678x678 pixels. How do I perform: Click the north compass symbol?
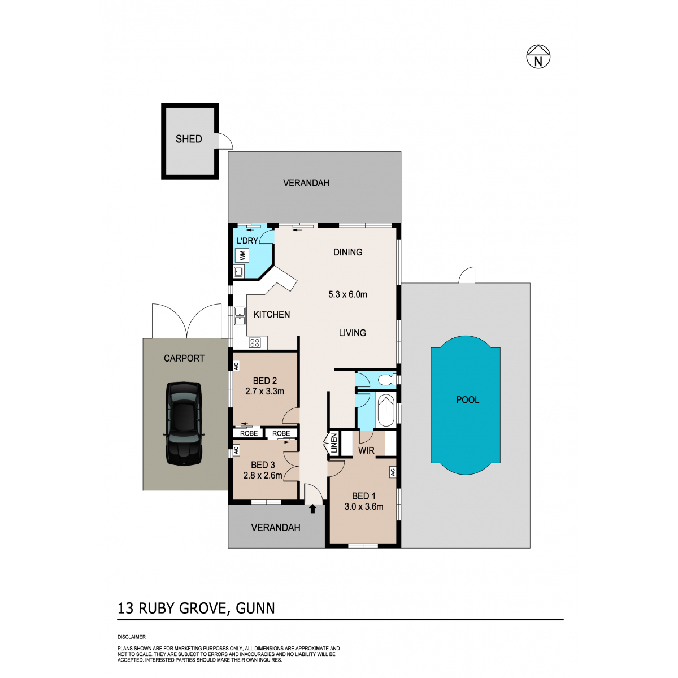[538, 56]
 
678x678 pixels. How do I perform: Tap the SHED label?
[189, 139]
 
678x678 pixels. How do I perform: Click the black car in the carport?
[184, 424]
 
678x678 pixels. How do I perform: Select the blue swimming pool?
[466, 405]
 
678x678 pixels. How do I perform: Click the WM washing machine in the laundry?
[242, 255]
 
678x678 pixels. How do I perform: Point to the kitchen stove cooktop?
[254, 343]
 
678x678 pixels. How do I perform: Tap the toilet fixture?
[386, 380]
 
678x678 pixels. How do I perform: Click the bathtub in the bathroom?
[386, 411]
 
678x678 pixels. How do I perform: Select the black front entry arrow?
[312, 509]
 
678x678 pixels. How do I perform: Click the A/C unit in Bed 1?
[393, 472]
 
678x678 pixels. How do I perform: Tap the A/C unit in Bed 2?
[236, 366]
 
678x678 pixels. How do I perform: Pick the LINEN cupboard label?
[334, 444]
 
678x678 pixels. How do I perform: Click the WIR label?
[366, 450]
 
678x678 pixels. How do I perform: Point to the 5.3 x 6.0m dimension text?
[347, 294]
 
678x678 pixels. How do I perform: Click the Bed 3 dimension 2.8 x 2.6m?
[263, 475]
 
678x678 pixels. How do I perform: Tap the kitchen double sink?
[240, 316]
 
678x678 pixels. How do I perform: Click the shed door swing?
[225, 141]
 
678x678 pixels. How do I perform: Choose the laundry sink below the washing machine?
[238, 272]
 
